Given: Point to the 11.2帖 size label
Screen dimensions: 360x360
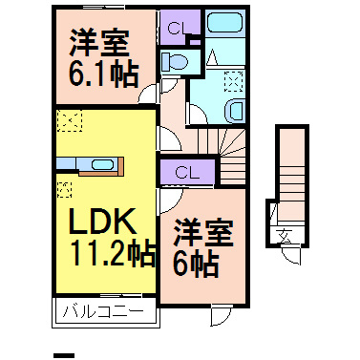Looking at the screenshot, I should coord(111,253).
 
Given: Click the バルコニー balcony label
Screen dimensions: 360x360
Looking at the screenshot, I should coord(102,311).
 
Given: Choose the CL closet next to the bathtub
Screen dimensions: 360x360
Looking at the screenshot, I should coord(174,28).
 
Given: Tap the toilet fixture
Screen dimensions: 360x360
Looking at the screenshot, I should coord(175,62).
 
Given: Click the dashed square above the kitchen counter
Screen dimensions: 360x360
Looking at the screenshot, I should coord(70,121).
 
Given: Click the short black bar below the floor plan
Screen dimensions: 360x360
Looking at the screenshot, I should coord(65,354).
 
